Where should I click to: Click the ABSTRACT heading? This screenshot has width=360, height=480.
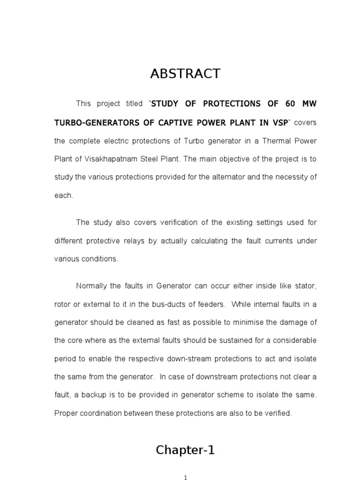(185, 74)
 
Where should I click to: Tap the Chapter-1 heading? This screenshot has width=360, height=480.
(185, 450)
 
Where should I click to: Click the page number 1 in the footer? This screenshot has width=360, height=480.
(186, 478)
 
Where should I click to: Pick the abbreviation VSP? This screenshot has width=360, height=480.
(277, 122)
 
